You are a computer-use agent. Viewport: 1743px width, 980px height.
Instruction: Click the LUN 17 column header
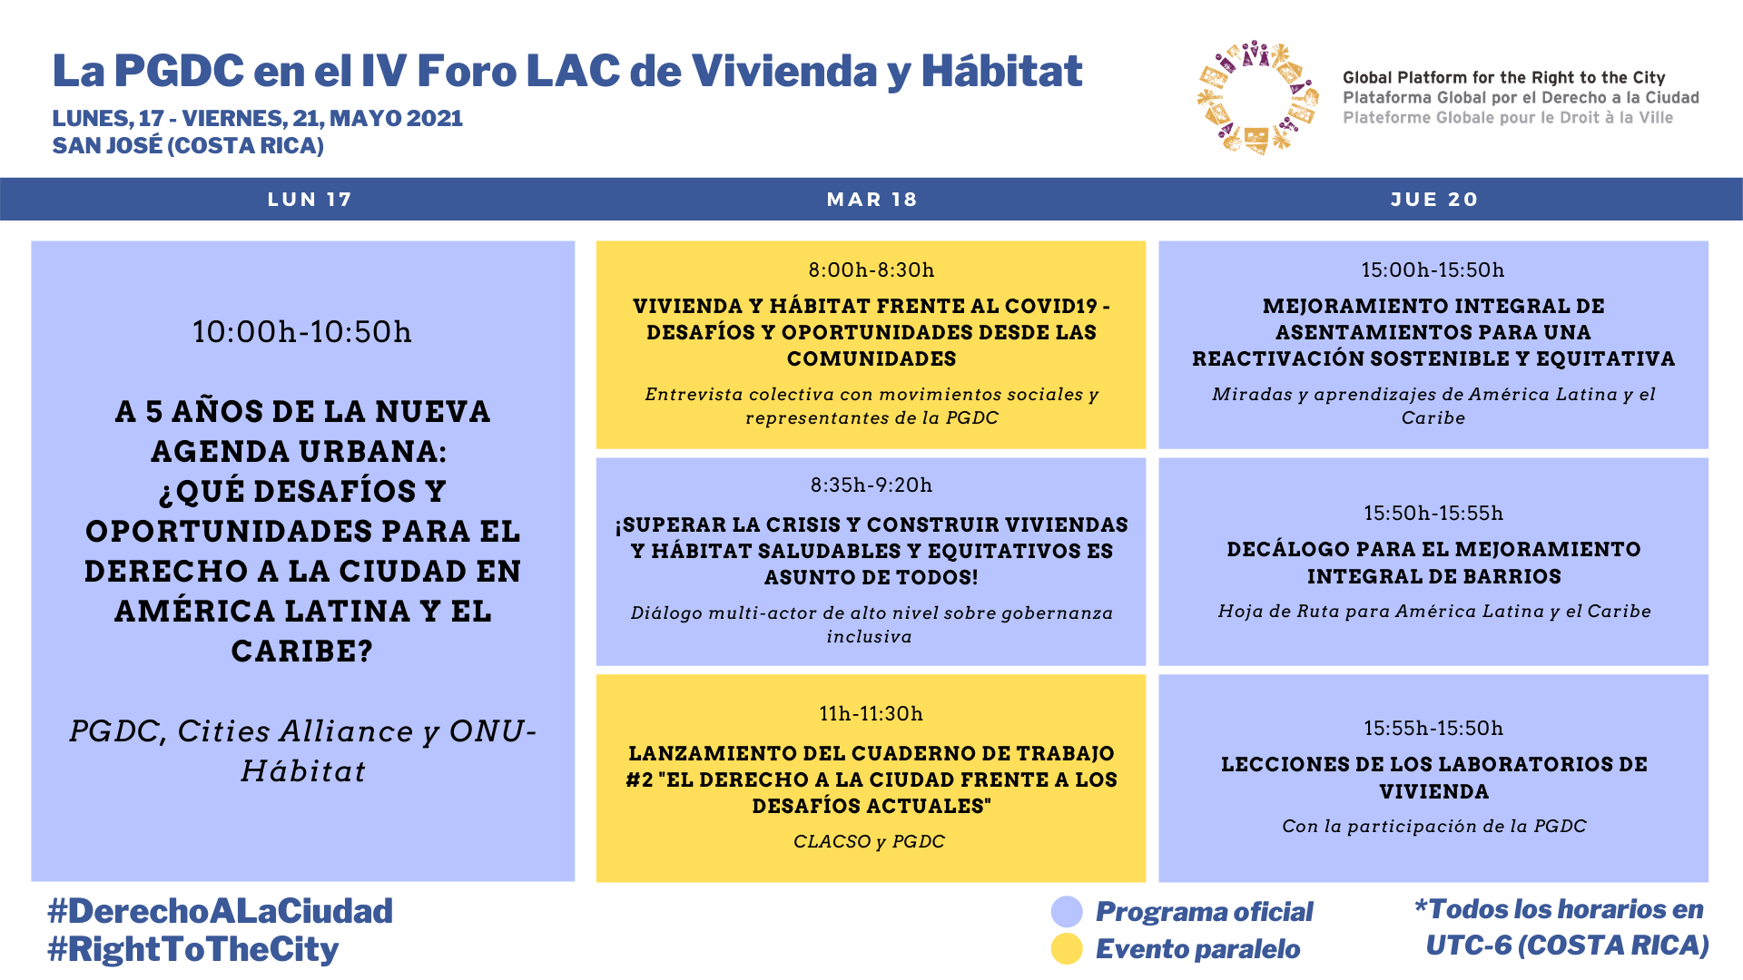click(x=309, y=200)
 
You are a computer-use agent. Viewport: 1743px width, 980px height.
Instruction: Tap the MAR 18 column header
click(x=871, y=200)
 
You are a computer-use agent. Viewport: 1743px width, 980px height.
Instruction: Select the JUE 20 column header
click(x=1433, y=200)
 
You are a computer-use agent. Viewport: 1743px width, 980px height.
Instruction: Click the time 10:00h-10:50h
click(x=302, y=332)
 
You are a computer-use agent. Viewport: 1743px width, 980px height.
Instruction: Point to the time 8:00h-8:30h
click(x=871, y=270)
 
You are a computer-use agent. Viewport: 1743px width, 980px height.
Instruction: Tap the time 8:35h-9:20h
click(x=871, y=485)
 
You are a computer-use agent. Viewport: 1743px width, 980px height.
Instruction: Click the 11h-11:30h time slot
click(x=871, y=714)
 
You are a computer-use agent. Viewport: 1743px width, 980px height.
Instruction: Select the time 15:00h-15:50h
click(x=1433, y=270)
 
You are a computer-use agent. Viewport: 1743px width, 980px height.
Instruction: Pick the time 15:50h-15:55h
click(x=1433, y=514)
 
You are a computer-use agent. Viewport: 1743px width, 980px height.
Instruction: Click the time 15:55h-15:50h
click(x=1433, y=729)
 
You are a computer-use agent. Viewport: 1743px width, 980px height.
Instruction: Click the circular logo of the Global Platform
click(x=1256, y=97)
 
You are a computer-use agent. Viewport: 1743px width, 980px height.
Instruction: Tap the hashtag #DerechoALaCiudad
click(x=221, y=911)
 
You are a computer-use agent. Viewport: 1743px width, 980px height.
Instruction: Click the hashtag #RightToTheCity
click(x=193, y=949)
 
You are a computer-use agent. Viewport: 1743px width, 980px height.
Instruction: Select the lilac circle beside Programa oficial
click(x=1067, y=912)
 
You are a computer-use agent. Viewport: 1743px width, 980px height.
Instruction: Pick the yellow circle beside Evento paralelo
click(x=1067, y=949)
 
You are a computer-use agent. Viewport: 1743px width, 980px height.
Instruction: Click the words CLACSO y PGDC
click(x=869, y=842)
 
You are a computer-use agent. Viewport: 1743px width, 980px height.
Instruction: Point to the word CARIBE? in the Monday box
click(x=302, y=652)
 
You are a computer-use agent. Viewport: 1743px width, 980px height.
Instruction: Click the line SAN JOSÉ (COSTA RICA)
click(x=188, y=146)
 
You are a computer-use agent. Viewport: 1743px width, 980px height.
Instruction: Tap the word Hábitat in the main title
click(x=1001, y=72)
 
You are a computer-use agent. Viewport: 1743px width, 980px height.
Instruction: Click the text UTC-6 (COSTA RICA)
click(x=1567, y=946)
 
